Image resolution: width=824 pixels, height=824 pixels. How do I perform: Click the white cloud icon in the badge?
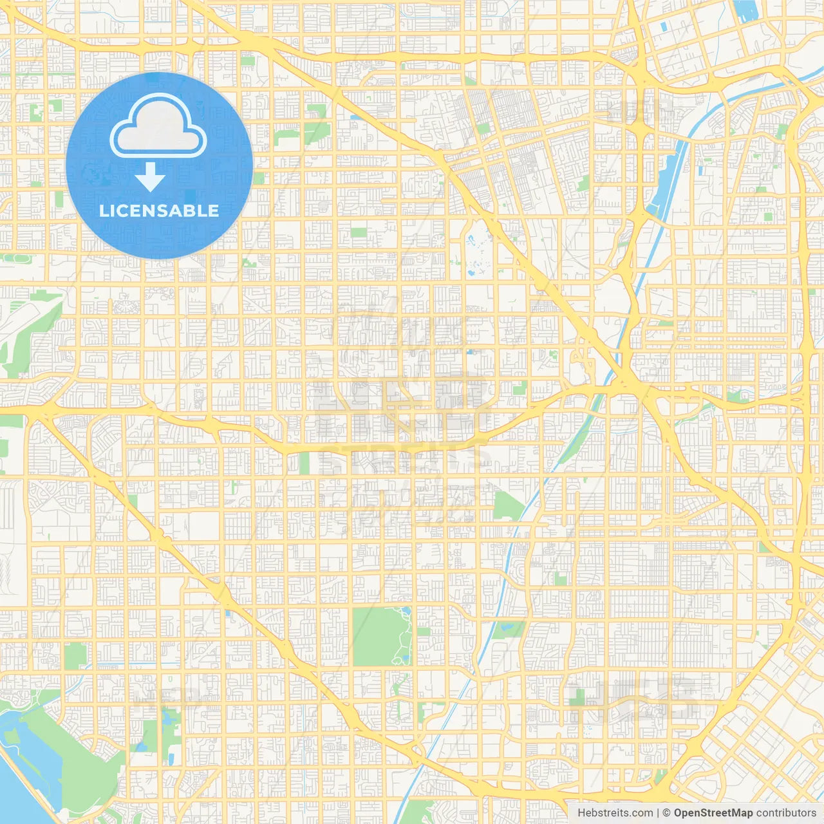coord(158,127)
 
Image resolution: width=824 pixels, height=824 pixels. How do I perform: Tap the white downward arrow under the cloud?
coord(150,177)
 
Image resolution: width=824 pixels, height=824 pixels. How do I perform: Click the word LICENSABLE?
coord(159,211)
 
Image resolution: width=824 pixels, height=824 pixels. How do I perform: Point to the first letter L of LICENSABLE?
coord(104,211)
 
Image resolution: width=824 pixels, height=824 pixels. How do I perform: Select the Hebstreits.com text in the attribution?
coord(615,813)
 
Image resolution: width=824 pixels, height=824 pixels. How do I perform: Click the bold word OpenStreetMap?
coord(713,813)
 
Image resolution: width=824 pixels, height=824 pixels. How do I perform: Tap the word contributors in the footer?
coord(786,813)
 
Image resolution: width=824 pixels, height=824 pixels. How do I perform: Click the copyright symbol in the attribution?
coord(666,813)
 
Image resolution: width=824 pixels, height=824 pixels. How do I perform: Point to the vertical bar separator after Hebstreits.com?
coord(658,813)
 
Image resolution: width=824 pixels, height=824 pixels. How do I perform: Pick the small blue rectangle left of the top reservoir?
coord(663,26)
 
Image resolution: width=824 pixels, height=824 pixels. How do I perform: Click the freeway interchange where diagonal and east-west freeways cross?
coord(628,383)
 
